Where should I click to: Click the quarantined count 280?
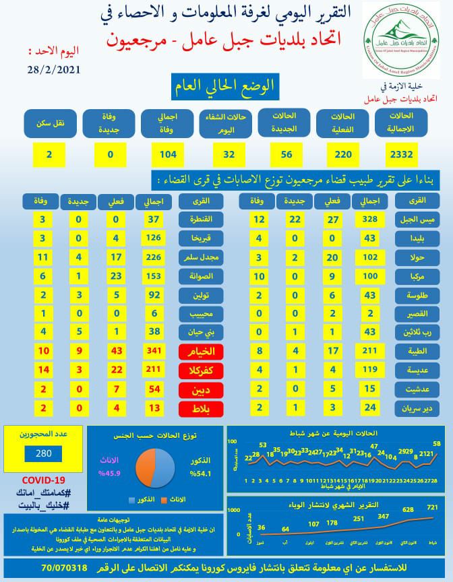click(x=43, y=453)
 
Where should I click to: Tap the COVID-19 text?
click(x=45, y=479)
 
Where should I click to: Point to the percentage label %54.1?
click(x=202, y=474)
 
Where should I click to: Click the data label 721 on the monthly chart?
click(x=433, y=507)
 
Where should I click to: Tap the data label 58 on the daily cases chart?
click(x=437, y=443)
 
